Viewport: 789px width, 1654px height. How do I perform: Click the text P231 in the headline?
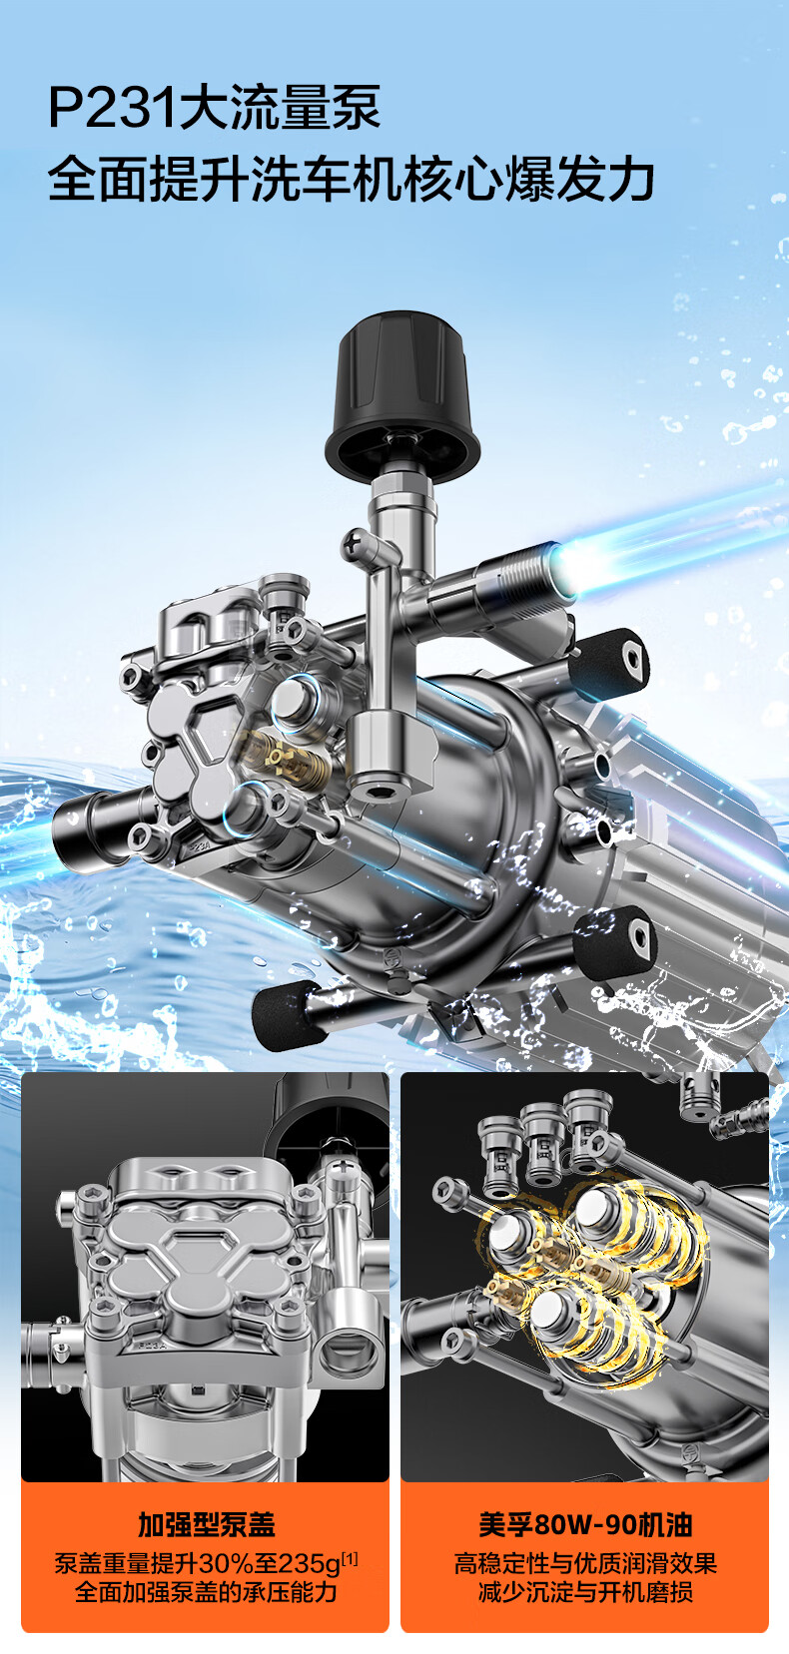(x=113, y=108)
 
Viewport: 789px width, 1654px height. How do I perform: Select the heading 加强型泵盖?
(x=206, y=1525)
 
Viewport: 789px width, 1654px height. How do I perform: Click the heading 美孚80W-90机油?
(x=585, y=1525)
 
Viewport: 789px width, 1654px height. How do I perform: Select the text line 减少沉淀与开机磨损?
(x=585, y=1592)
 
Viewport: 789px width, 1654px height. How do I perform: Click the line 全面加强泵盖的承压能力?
(x=206, y=1592)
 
